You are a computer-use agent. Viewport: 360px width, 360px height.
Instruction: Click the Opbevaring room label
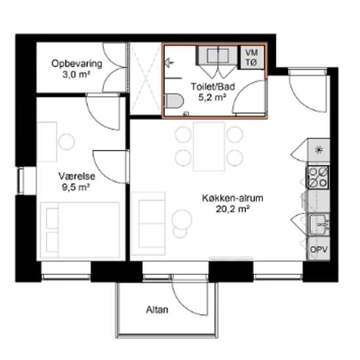pos(77,63)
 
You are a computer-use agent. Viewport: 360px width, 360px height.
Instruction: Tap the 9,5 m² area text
pos(75,187)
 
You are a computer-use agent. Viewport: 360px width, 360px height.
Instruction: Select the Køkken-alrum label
pos(232,198)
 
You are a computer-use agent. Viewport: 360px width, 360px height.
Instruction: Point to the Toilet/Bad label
pos(213,86)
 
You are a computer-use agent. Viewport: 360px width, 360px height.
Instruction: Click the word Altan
pos(157,310)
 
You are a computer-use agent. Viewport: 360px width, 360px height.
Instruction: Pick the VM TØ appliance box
pos(251,58)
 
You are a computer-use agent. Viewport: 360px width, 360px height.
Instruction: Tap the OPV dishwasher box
pos(319,249)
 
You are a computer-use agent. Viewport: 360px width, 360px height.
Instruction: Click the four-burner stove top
pos(318,177)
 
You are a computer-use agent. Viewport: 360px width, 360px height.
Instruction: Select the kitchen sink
pos(319,225)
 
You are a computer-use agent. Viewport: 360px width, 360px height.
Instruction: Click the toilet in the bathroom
pos(174,101)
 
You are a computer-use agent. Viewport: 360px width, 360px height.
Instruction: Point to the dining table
pos(209,147)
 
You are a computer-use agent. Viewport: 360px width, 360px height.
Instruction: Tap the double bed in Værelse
pos(80,230)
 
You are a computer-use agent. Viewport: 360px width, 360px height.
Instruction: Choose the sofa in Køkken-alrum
pos(149,223)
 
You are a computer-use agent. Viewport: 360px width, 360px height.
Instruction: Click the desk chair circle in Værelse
pos(67,142)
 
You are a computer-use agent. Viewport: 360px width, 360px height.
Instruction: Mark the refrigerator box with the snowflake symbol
pos(319,150)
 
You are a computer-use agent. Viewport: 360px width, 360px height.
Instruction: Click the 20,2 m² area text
pos(232,209)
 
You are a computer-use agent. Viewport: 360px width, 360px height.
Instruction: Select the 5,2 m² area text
pos(211,98)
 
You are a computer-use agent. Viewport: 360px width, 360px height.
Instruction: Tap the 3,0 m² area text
pos(76,75)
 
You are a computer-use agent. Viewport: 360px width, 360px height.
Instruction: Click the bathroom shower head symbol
pos(170,62)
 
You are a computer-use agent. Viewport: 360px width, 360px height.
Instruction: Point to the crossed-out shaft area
pos(146,79)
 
